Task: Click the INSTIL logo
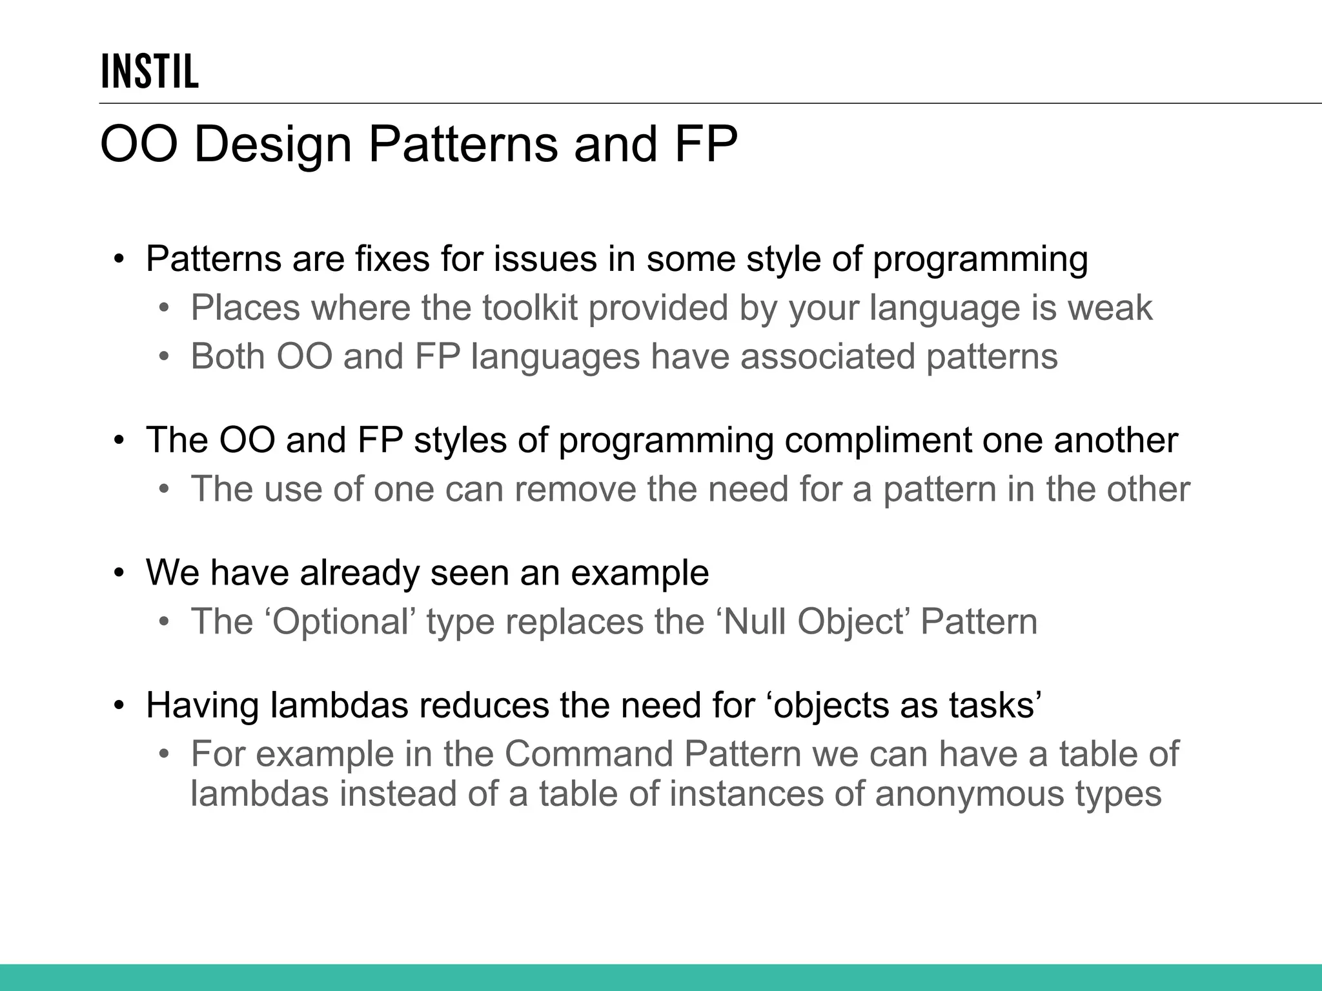click(149, 71)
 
